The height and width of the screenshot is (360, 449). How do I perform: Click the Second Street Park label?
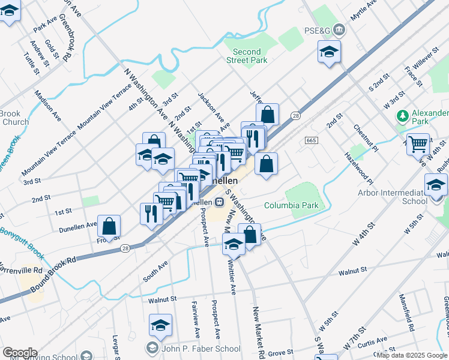[247, 56]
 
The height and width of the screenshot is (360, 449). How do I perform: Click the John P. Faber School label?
[201, 348]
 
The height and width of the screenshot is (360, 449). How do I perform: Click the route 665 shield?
[310, 140]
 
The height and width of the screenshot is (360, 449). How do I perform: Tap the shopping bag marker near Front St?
[109, 227]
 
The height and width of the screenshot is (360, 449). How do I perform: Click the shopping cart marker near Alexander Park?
[418, 145]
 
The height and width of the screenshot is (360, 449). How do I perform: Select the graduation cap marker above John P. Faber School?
[160, 325]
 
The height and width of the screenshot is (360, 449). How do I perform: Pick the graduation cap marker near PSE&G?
[329, 52]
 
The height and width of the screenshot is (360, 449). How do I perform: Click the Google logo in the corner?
[19, 353]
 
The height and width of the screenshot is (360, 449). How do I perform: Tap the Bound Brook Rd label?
[54, 270]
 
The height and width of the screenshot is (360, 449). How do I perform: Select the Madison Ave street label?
[48, 106]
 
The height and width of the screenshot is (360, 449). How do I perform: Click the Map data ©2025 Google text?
[412, 355]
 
